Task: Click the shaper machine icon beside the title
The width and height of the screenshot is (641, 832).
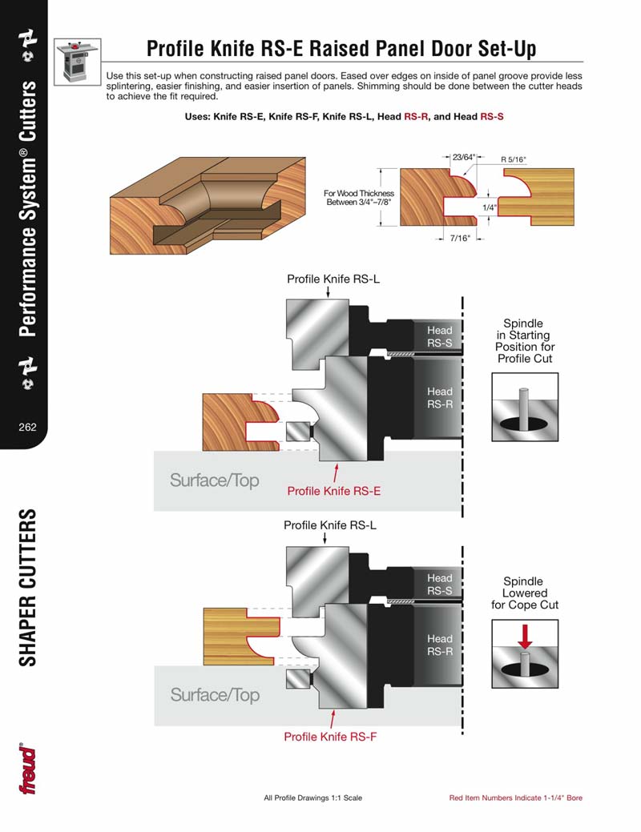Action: point(77,60)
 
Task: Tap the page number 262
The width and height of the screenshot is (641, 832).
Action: point(27,427)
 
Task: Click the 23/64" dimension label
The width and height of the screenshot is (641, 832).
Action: point(463,157)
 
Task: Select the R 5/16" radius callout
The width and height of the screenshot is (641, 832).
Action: point(513,160)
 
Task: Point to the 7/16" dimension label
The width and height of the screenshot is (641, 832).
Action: point(460,238)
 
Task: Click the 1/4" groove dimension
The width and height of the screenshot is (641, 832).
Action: point(489,207)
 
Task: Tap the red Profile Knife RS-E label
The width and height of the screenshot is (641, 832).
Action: point(333,491)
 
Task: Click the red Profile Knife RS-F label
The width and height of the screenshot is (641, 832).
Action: point(330,737)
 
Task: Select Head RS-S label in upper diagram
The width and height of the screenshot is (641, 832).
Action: point(439,336)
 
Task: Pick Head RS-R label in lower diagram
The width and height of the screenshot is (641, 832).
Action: point(439,645)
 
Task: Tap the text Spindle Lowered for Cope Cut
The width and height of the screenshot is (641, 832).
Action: point(525,593)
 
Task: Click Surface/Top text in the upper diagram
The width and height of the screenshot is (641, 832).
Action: point(215,480)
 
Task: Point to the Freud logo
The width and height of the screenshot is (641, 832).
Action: point(29,770)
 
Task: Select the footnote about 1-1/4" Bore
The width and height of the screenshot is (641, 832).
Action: point(515,798)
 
